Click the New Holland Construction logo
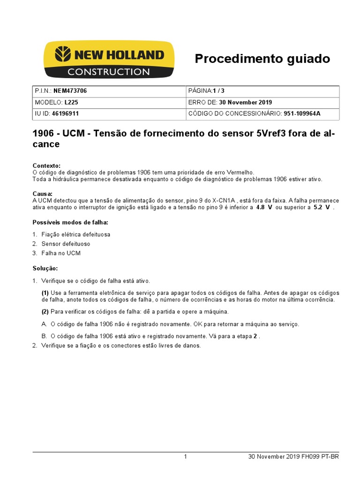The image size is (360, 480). click(x=109, y=60)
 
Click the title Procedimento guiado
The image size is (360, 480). click(x=262, y=59)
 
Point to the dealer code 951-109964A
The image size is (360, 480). click(x=305, y=113)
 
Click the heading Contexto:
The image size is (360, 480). click(x=46, y=166)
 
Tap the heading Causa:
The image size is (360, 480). click(x=43, y=194)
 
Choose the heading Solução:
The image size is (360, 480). click(x=45, y=268)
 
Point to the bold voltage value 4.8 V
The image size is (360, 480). click(x=264, y=207)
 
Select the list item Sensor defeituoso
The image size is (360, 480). click(x=66, y=244)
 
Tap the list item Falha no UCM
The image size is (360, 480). click(x=61, y=253)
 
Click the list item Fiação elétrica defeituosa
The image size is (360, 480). click(x=76, y=234)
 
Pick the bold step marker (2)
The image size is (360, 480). click(x=45, y=312)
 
